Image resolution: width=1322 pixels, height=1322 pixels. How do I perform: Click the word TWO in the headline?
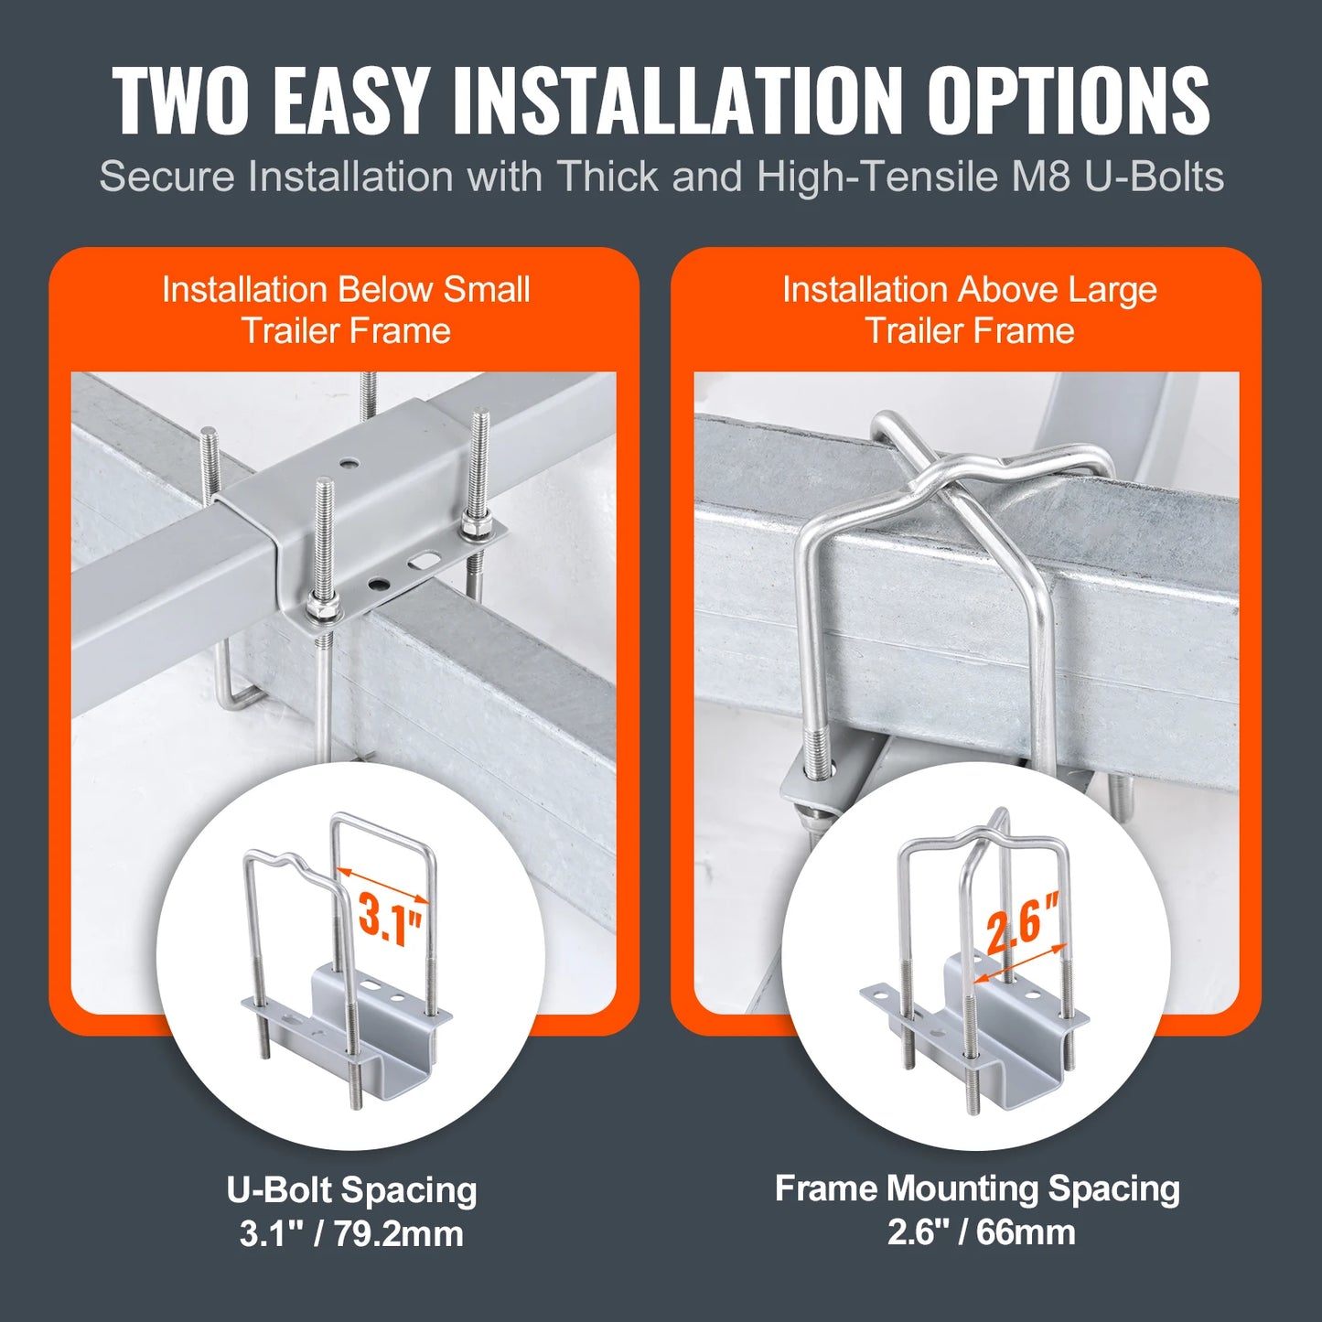180,101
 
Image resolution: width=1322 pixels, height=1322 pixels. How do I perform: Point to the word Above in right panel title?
995,289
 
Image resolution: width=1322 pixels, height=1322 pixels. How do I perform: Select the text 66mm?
1026,1231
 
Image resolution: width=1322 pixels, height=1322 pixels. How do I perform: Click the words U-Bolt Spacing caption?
351,1190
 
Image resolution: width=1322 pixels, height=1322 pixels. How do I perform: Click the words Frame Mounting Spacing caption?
976,1188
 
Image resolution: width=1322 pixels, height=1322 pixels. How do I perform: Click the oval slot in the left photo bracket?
422,557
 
